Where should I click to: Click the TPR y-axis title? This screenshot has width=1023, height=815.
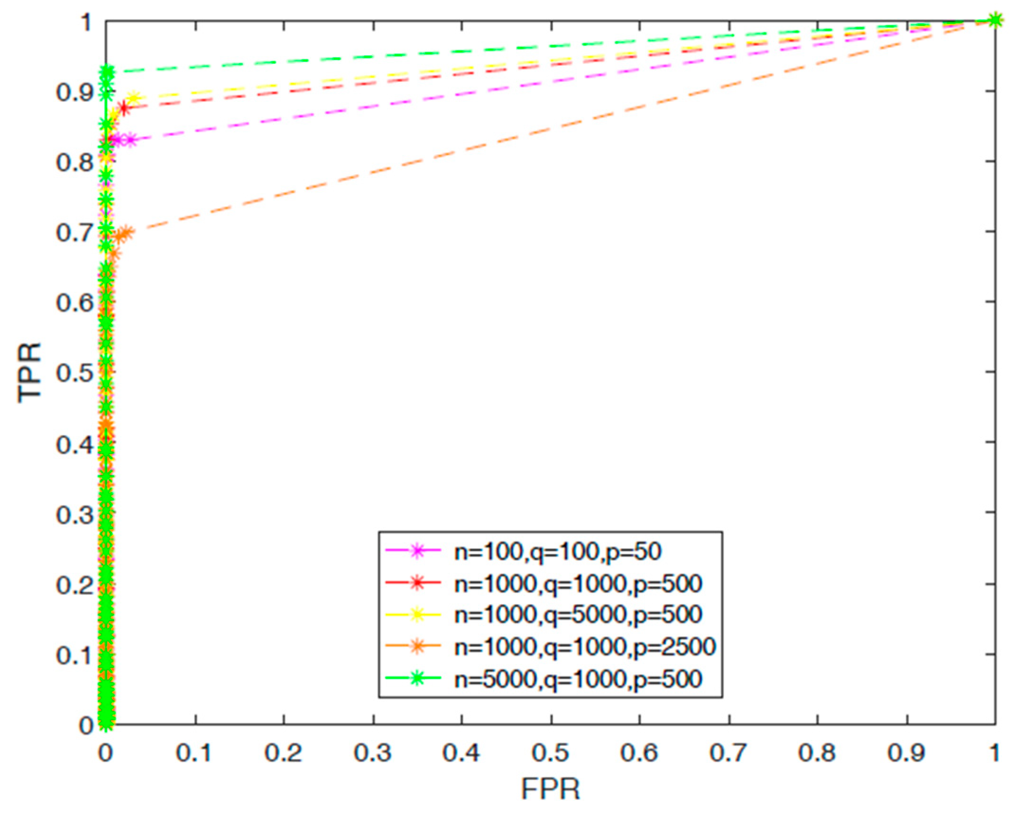tap(29, 372)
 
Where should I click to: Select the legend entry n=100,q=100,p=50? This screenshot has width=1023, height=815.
tap(558, 551)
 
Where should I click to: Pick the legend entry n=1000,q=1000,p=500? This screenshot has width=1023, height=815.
tap(578, 583)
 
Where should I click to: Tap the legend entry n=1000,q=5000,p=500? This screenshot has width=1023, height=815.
tap(578, 615)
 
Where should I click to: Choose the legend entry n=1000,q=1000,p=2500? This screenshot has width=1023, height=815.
tap(585, 647)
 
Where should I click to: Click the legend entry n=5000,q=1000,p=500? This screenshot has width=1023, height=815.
tap(578, 679)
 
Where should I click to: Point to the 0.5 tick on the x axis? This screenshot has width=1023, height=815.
tap(551, 752)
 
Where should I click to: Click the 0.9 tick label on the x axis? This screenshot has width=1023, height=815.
tap(906, 752)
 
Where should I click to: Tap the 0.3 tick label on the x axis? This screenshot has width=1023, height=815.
tap(373, 752)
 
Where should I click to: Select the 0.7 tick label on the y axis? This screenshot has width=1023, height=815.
tap(74, 232)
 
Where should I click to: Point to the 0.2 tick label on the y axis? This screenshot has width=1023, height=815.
tap(74, 585)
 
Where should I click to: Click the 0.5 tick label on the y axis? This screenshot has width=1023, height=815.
tap(74, 373)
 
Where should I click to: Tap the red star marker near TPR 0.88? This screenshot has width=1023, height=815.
tap(124, 108)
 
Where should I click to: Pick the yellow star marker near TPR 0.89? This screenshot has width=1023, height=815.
tap(134, 99)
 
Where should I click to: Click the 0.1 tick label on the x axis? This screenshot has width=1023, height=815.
tap(194, 752)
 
